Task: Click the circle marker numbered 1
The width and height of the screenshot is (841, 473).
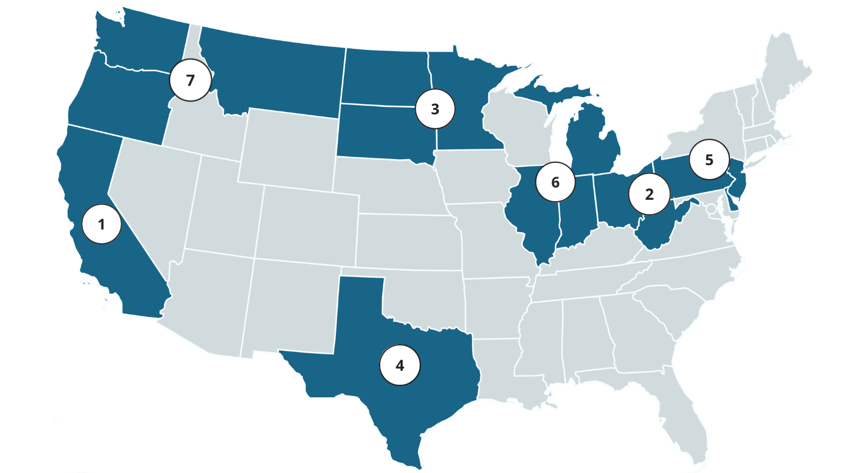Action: tap(101, 224)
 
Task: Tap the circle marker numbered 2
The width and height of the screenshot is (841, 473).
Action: tap(649, 194)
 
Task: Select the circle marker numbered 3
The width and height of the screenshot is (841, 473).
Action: tap(435, 109)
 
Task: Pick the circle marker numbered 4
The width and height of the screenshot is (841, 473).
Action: tap(400, 365)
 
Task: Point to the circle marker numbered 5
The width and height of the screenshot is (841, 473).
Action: tap(709, 160)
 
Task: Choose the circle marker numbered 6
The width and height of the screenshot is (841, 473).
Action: tap(555, 182)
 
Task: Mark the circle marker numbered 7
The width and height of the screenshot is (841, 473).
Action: tap(190, 80)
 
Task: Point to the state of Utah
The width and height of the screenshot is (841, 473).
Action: tap(221, 210)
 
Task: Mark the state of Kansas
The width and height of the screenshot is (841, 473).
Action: tap(407, 242)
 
